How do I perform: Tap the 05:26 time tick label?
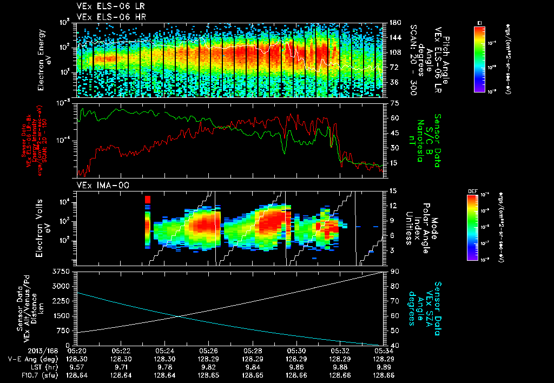(x=208, y=351)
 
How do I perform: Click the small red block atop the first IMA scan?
(x=147, y=200)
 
